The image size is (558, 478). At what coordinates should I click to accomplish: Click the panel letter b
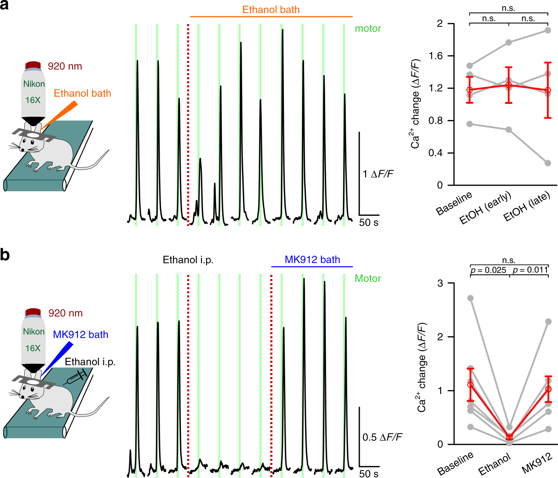pos(5,255)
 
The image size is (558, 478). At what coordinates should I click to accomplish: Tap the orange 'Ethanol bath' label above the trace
pos(271,9)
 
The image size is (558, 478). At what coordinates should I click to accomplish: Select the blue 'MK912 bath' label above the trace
pos(312,260)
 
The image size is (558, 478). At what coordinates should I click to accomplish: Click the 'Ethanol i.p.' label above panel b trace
pos(188,260)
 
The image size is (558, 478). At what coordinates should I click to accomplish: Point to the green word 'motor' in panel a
pos(368,28)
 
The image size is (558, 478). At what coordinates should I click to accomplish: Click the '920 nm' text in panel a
pos(65,66)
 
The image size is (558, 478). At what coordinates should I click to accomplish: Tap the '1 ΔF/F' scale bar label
pos(378,174)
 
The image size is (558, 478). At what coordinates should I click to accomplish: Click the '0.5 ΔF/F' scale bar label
pos(382,437)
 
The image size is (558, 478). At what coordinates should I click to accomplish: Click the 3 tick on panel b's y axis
pos(440,284)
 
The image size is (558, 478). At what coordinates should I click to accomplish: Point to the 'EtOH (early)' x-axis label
pos(485,208)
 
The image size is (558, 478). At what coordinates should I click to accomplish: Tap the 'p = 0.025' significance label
pos(488,270)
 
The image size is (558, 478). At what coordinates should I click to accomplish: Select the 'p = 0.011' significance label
pos(530,270)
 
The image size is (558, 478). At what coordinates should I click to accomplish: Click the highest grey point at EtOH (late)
pos(548,30)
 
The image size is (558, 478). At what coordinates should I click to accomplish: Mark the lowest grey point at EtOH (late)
pos(548,163)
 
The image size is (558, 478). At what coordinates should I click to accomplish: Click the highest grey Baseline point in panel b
pos(470,298)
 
